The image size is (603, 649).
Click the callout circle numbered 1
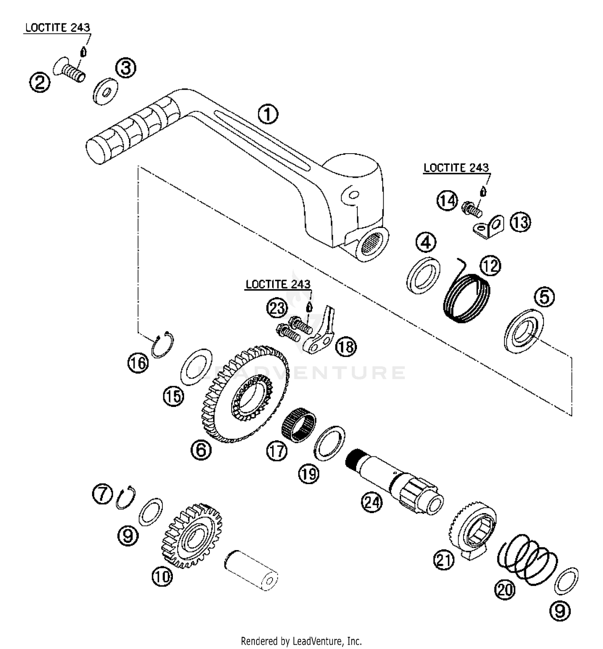[268, 114]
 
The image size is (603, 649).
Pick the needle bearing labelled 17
[299, 424]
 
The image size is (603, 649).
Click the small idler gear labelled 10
[192, 535]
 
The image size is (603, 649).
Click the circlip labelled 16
[162, 345]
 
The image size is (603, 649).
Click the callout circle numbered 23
[277, 309]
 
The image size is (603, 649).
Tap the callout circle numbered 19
[308, 474]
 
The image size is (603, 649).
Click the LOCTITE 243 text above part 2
[58, 28]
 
